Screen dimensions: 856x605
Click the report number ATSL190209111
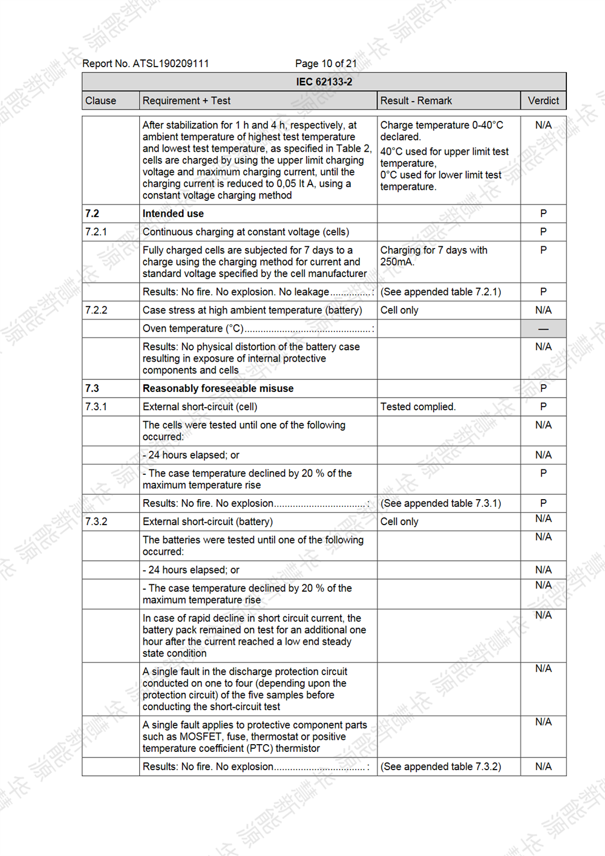point(171,64)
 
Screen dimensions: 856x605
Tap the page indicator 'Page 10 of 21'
point(325,64)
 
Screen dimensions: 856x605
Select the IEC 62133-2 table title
point(324,82)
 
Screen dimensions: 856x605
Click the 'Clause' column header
point(100,100)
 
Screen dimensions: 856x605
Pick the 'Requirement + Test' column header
point(186,100)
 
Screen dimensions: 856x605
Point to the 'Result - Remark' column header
point(416,100)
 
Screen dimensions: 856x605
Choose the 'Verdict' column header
point(543,100)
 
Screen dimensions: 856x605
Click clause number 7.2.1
point(96,232)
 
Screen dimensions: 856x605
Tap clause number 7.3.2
point(96,521)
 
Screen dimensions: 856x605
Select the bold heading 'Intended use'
point(173,214)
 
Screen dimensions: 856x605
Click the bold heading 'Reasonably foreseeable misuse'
point(218,388)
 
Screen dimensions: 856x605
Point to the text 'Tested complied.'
point(418,407)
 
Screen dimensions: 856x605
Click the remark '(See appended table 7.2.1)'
point(440,292)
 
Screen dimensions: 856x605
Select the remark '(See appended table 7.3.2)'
point(440,766)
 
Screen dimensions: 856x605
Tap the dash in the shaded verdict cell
point(543,328)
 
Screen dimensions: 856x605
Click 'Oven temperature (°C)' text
point(193,328)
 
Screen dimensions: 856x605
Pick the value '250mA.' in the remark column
point(396,262)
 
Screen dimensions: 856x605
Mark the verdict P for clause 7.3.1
point(543,407)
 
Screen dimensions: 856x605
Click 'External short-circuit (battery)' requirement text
point(208,521)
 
